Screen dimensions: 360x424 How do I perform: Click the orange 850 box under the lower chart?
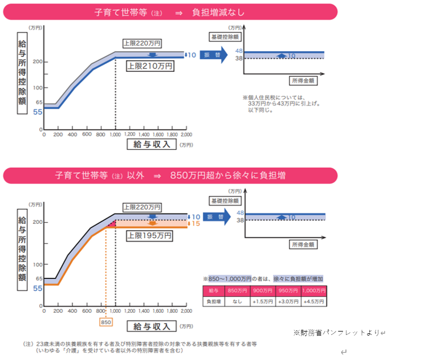(105, 322)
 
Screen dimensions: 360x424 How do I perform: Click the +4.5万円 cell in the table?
(313, 300)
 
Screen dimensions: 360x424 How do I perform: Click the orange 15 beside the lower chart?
(196, 224)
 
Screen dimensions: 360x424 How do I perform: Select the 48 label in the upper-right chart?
(239, 51)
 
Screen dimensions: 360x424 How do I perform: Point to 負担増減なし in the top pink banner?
(233, 11)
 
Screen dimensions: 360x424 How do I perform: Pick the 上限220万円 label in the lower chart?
(141, 206)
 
